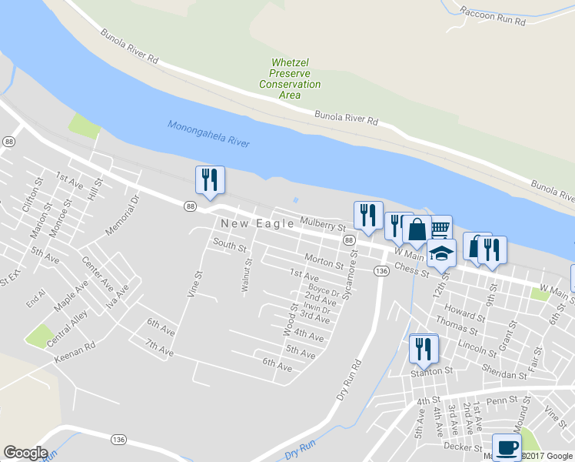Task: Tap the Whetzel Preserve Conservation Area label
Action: tap(290, 79)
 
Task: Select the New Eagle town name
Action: tap(258, 223)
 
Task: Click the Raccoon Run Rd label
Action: tap(492, 16)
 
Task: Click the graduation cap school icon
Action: tap(441, 253)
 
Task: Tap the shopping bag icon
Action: tap(417, 231)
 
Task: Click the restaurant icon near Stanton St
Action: tap(424, 349)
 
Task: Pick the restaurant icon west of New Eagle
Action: tap(210, 180)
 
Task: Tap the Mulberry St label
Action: tap(324, 223)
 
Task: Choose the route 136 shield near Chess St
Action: tap(381, 270)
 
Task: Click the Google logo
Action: tap(25, 453)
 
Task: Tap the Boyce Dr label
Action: tap(324, 291)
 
